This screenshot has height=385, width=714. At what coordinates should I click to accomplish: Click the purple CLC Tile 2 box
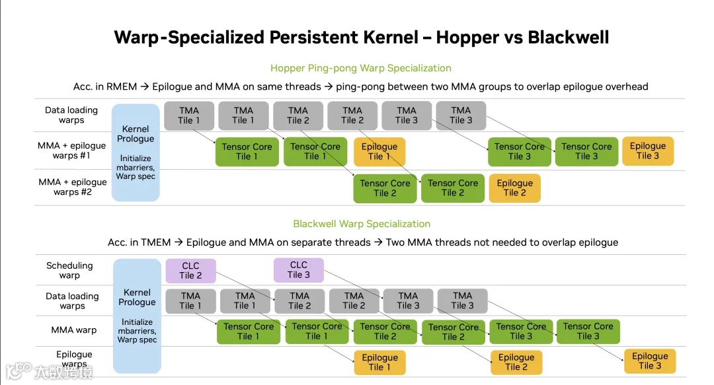(x=190, y=270)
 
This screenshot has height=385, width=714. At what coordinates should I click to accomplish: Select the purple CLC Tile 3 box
(x=299, y=269)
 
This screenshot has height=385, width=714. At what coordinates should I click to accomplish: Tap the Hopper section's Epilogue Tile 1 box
(x=379, y=151)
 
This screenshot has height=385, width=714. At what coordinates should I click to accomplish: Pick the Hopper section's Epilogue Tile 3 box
(x=648, y=151)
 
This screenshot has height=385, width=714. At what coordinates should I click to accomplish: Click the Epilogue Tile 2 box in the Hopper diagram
(x=514, y=188)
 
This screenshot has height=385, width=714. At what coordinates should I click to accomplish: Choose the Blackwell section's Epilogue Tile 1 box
(x=380, y=362)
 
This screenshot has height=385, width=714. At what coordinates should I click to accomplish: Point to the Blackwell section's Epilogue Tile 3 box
(x=650, y=361)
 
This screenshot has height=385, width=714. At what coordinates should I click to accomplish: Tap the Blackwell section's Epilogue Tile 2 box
(x=516, y=362)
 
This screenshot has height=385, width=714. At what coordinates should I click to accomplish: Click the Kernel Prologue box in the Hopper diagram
(x=136, y=153)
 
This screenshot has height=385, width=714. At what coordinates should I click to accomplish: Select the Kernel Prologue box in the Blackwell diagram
(x=137, y=316)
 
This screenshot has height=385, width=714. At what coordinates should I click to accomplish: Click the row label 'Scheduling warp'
(x=69, y=270)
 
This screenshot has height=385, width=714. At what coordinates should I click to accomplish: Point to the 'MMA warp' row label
(x=74, y=330)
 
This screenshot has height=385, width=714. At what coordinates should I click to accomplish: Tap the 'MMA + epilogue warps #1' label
(x=72, y=151)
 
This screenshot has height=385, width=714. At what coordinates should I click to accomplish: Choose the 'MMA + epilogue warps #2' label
(x=72, y=187)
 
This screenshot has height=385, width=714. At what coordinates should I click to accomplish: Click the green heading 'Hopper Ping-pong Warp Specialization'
(x=361, y=68)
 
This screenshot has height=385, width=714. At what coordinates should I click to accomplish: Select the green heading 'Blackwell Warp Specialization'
(x=362, y=224)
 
